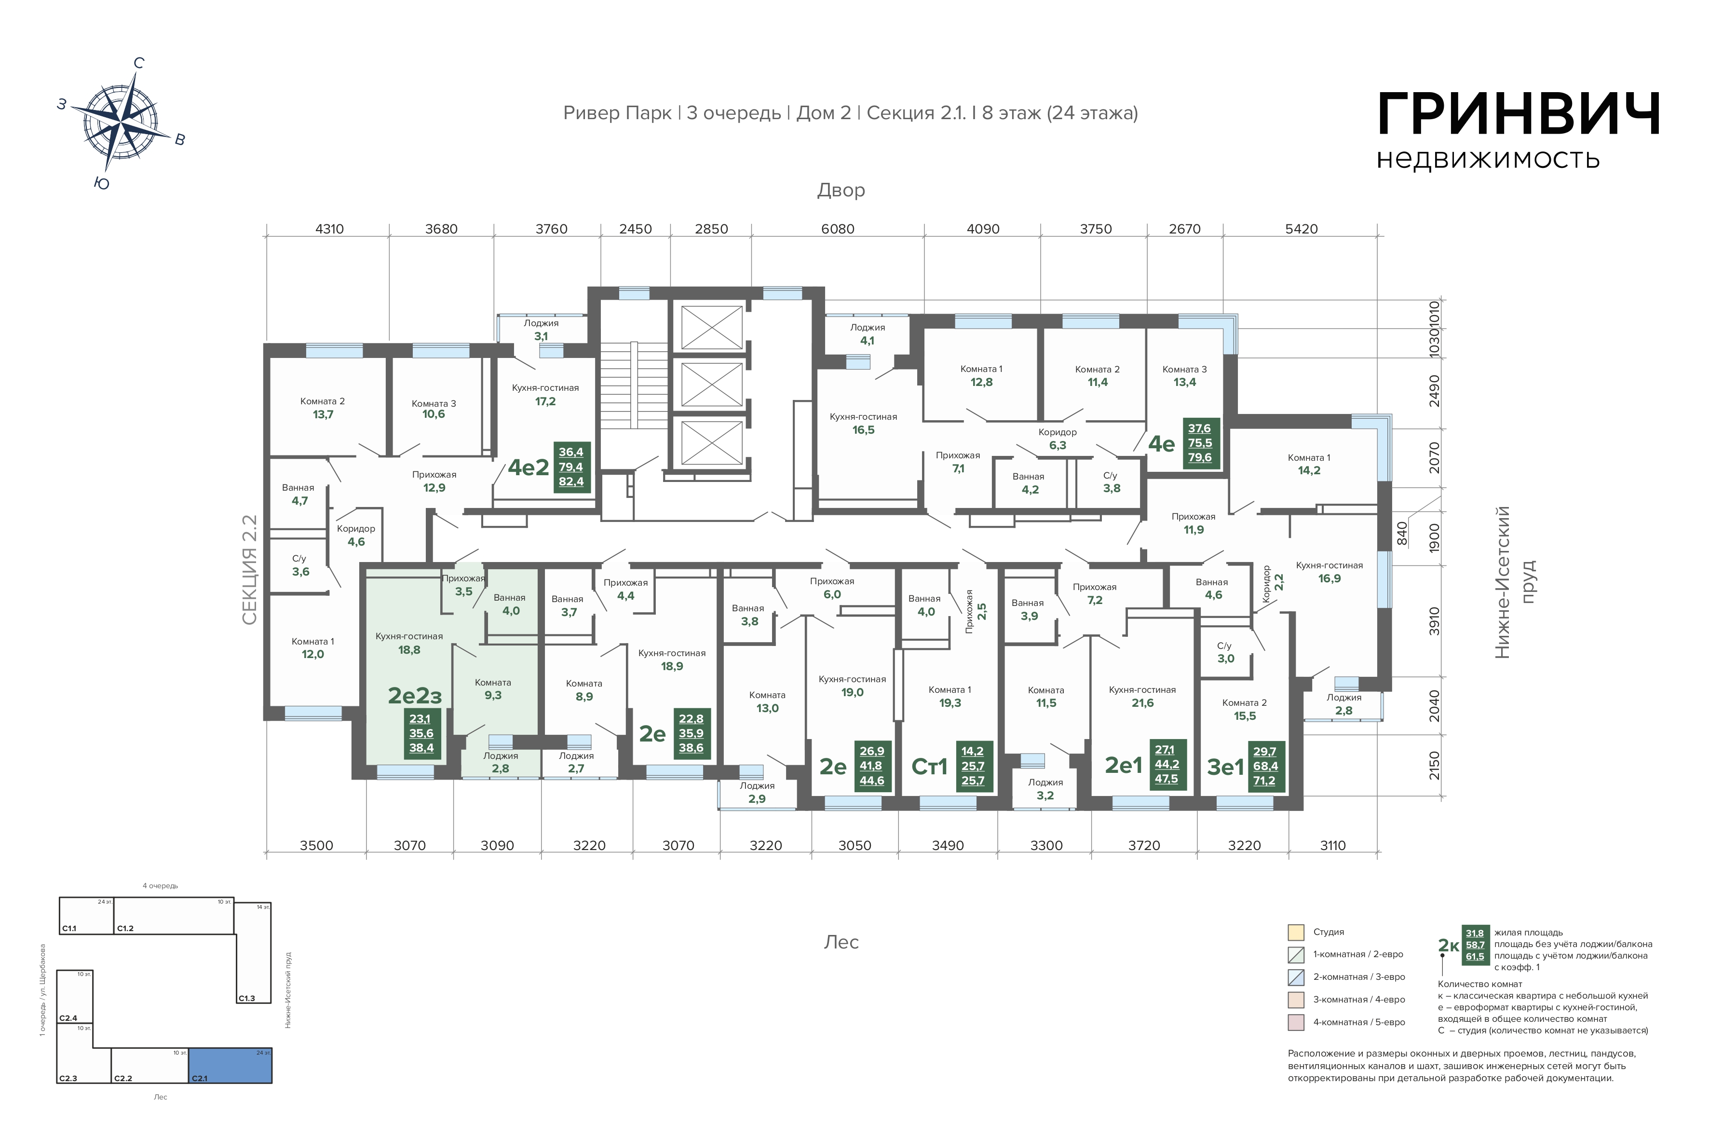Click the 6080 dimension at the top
point(837,229)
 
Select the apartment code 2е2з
point(415,696)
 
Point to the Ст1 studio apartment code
point(929,766)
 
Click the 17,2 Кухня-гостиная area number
point(545,401)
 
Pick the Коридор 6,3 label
point(1057,439)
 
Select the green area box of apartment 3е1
point(1265,766)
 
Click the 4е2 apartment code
point(528,467)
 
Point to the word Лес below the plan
point(841,942)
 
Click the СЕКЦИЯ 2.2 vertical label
point(249,570)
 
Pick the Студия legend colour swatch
point(1296,932)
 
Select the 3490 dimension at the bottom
point(948,846)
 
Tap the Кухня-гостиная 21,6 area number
point(1142,703)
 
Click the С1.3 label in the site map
point(247,998)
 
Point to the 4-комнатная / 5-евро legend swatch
point(1296,1022)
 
